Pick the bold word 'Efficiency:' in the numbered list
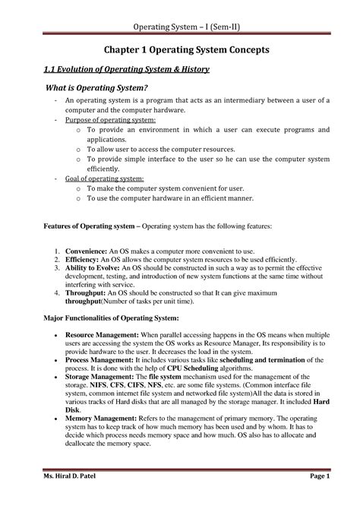pyautogui.click(x=84, y=259)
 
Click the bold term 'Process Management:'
pyautogui.click(x=99, y=360)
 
